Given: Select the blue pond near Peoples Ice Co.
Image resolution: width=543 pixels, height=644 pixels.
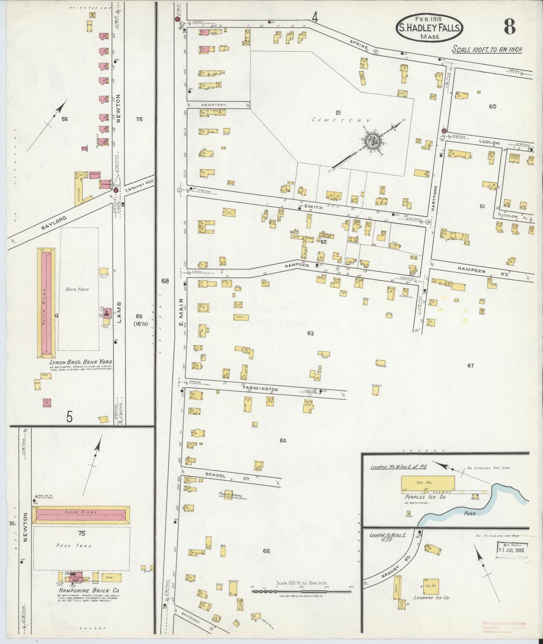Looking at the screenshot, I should (x=470, y=507).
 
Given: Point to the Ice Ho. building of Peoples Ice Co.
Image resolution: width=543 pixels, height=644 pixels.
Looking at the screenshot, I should (x=427, y=483).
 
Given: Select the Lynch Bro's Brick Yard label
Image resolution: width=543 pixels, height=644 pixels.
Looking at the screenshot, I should (x=81, y=362).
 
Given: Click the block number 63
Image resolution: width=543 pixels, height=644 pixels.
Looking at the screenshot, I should (x=310, y=333).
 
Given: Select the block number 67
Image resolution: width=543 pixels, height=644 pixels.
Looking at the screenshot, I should (x=470, y=366).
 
